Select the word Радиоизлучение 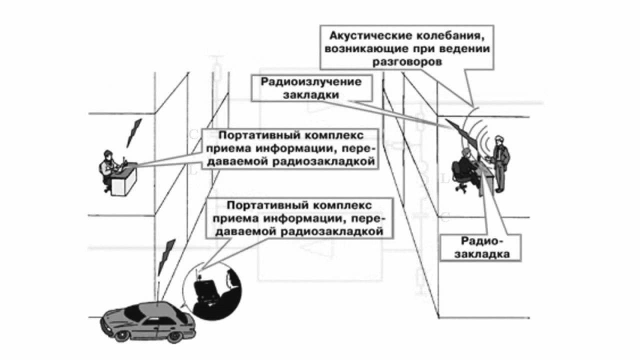310,81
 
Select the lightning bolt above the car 167,255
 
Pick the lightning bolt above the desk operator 134,132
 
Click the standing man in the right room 500,163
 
